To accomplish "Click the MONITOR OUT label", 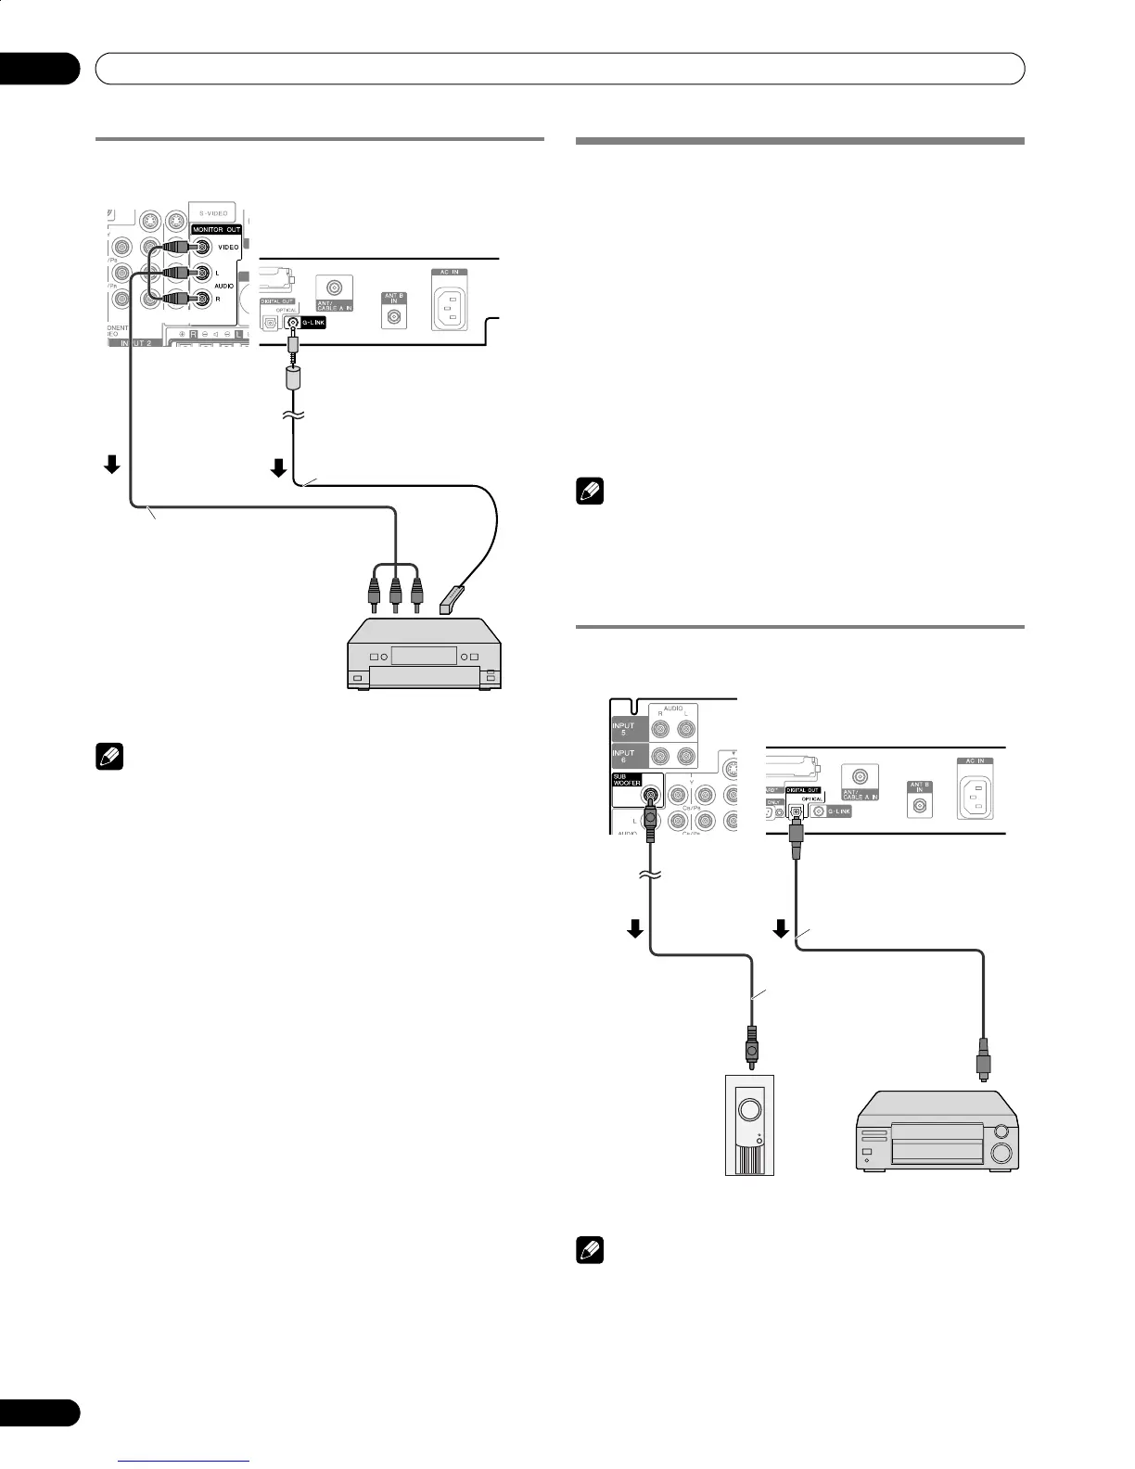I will coord(216,229).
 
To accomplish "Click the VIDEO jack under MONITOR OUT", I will coord(201,247).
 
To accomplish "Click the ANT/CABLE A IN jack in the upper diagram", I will coord(332,287).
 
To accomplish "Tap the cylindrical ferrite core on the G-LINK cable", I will coord(294,378).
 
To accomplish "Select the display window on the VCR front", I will coord(424,656).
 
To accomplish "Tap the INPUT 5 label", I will coord(623,728).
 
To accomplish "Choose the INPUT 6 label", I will coord(623,756).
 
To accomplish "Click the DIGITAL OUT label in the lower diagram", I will coord(803,790).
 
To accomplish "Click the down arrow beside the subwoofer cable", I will coord(636,929).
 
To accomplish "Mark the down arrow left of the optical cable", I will coord(782,927).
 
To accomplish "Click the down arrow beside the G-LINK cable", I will coord(278,469).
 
